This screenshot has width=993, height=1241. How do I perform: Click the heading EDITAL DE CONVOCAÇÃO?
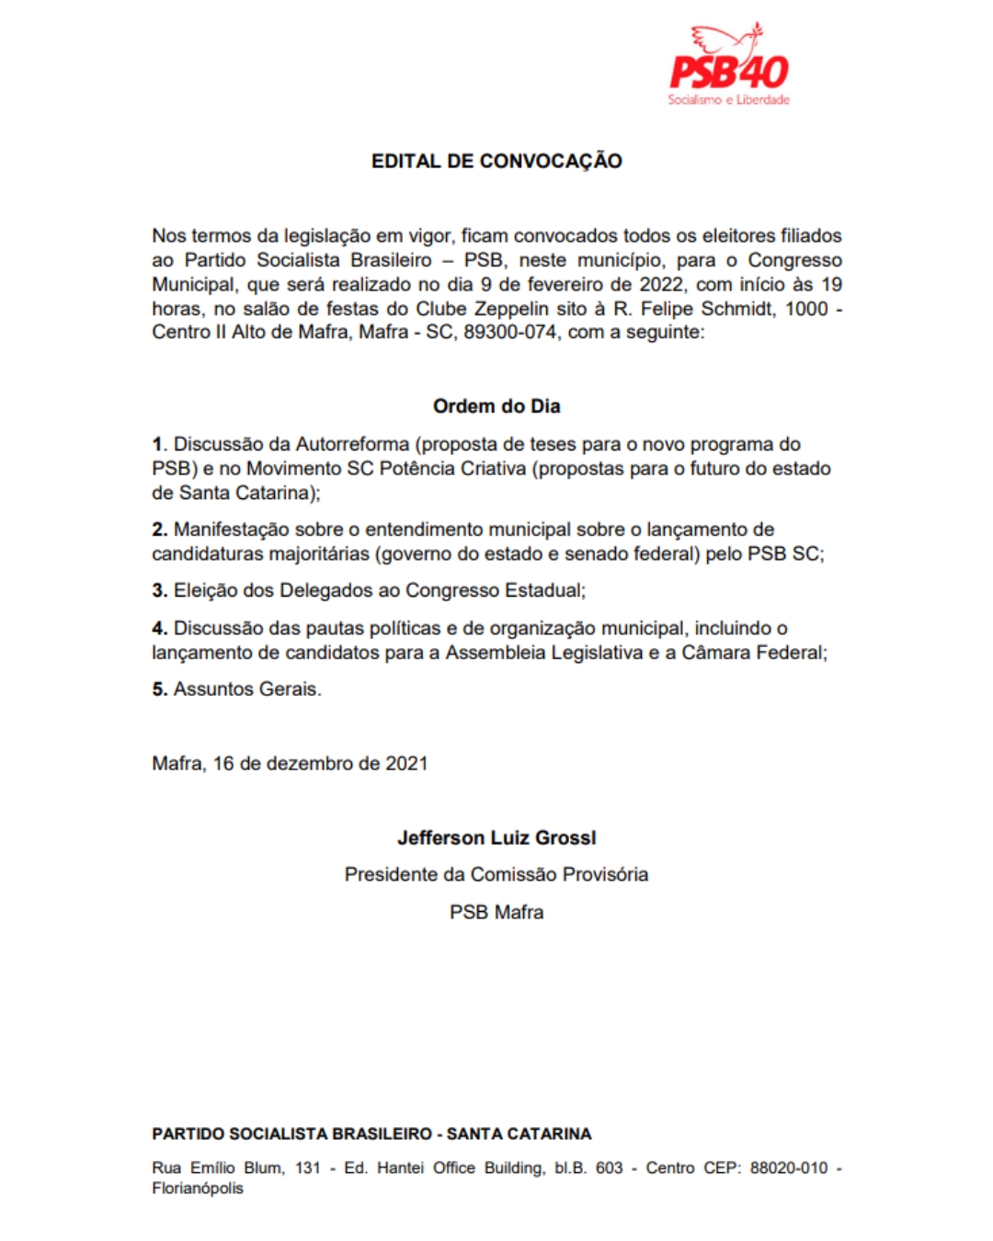tap(496, 161)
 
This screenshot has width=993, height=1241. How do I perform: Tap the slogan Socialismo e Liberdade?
tap(728, 99)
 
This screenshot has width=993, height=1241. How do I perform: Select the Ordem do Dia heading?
tap(496, 406)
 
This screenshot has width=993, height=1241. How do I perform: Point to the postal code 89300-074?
tap(510, 332)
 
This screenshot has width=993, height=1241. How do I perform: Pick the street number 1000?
tap(806, 308)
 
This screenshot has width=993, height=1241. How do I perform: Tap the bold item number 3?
tap(159, 591)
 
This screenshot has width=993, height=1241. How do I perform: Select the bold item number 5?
tap(159, 689)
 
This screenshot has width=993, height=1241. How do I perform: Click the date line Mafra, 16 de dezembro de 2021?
tap(290, 764)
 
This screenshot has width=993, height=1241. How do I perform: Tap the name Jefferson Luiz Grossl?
tap(496, 838)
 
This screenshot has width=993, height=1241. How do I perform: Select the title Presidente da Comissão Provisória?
tap(496, 875)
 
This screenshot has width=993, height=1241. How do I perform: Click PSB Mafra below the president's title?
tap(496, 913)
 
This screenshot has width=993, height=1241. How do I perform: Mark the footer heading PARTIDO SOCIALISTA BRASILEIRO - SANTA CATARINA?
tap(371, 1134)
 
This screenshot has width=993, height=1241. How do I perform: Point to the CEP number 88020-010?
tap(789, 1168)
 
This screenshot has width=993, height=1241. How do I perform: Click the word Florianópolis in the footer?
tap(198, 1189)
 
